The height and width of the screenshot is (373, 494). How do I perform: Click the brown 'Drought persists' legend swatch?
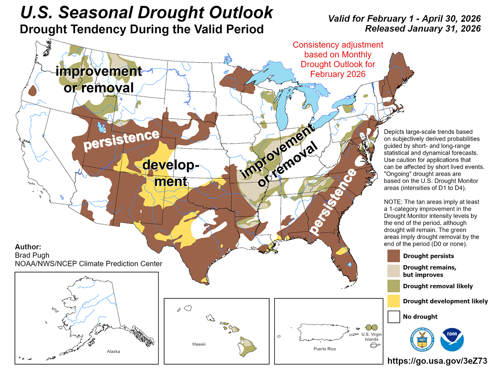[394, 256]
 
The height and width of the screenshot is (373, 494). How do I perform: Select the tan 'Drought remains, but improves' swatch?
[394, 271]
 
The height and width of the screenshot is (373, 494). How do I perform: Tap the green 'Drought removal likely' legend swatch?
[394, 286]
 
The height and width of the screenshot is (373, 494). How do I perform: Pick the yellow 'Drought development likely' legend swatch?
[394, 301]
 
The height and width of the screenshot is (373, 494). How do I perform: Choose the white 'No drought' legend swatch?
[394, 316]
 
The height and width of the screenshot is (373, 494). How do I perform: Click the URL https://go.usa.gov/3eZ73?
[438, 361]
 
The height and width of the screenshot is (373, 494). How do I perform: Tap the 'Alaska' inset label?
[113, 352]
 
